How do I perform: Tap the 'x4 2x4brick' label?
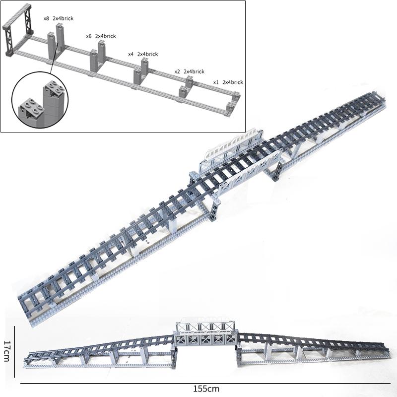point(143,54)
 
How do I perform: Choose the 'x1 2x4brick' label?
point(228,82)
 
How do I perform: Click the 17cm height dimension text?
point(6,350)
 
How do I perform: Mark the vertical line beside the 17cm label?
point(15,347)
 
